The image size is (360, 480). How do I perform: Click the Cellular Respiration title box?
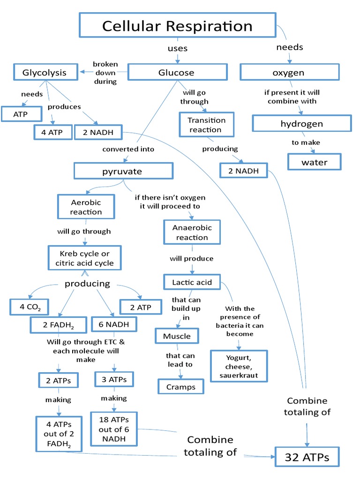(x=177, y=26)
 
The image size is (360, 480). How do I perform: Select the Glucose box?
(x=176, y=73)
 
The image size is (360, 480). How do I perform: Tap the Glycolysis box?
(x=45, y=73)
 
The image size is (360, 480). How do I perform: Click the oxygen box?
(x=289, y=73)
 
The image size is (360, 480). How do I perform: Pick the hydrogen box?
(x=301, y=124)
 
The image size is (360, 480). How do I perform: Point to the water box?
(x=315, y=162)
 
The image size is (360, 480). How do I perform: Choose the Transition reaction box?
(x=207, y=125)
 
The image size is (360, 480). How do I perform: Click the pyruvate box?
(x=122, y=171)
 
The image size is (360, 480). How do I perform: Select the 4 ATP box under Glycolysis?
(x=52, y=133)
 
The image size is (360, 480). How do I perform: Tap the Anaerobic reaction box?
(x=192, y=232)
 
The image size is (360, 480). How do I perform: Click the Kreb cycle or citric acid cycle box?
(x=85, y=258)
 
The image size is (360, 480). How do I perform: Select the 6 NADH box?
(x=111, y=324)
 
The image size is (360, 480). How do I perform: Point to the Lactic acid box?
(x=192, y=282)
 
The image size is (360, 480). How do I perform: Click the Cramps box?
(x=180, y=387)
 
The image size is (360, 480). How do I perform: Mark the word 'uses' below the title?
(x=177, y=48)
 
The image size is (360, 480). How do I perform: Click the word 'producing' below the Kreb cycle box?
(x=87, y=284)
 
